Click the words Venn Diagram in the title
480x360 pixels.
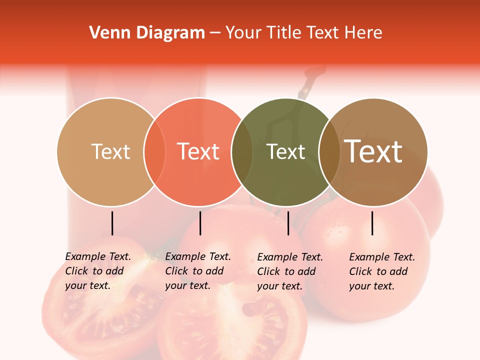pos(147,33)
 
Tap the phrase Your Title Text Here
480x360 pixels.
pos(303,33)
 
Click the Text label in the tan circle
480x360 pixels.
pos(110,151)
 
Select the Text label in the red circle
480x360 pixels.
pos(198,151)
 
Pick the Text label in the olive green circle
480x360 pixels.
pos(285,151)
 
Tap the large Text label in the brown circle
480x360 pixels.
pos(373,151)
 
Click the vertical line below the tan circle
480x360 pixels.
pos(112,223)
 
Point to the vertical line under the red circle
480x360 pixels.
pos(200,223)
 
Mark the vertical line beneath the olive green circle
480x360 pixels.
pos(288,223)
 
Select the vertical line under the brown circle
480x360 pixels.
pos(372,223)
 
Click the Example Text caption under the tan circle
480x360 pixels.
pos(97,271)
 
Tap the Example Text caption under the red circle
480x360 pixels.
pos(197,271)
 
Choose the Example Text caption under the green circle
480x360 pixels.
pos(289,271)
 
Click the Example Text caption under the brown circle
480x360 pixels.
pos(381,271)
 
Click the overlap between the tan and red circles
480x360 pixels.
pos(154,152)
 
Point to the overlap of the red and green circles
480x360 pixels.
pos(242,152)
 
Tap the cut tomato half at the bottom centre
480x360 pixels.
pos(235,325)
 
